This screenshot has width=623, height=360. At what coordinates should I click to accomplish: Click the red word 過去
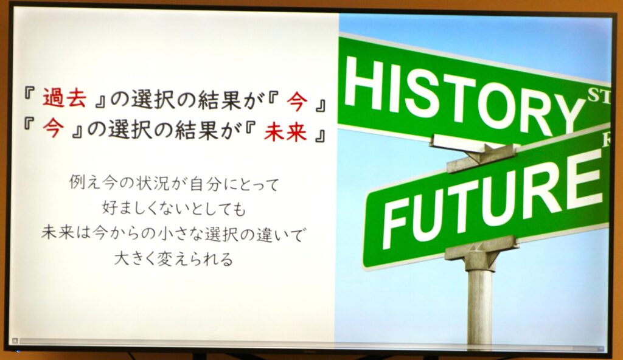(x=64, y=98)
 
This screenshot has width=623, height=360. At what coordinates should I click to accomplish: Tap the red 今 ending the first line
(x=297, y=101)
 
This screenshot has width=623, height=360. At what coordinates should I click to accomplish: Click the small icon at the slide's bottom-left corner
(x=15, y=341)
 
